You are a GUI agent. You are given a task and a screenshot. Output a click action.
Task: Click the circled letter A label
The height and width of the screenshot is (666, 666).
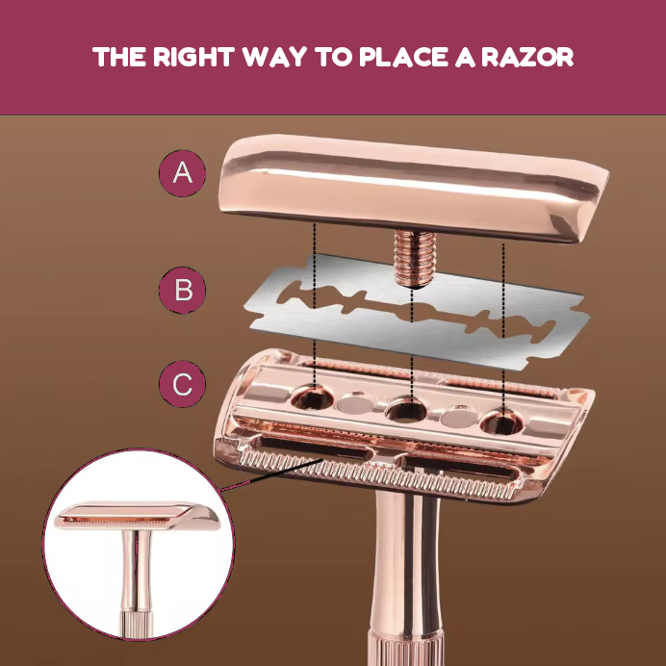(x=183, y=173)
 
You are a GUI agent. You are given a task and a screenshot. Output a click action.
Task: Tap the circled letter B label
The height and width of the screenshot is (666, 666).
(x=183, y=290)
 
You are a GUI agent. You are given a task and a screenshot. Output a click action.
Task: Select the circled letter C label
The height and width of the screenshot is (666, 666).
(x=183, y=384)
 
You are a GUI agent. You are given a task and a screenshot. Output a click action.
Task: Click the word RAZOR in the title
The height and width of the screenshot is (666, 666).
(x=527, y=57)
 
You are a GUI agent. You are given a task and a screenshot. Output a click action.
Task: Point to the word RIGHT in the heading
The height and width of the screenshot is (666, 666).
(x=193, y=57)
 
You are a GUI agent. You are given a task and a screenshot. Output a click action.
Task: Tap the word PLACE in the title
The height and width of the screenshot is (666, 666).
(x=404, y=57)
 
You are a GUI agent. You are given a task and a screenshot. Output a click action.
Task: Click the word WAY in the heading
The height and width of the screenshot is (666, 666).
(x=275, y=57)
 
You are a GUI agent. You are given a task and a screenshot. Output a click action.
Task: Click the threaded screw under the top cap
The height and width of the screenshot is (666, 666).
(x=415, y=258)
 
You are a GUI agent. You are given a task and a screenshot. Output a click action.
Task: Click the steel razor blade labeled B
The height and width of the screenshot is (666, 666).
(x=416, y=312)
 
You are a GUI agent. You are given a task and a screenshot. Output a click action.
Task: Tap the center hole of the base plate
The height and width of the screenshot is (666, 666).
(x=406, y=409)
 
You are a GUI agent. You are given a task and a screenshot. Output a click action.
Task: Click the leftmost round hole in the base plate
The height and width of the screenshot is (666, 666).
(x=312, y=397)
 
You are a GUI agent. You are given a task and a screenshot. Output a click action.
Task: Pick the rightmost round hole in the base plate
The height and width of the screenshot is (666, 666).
(x=501, y=423)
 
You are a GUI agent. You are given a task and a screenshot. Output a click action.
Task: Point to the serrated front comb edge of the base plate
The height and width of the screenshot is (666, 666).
(x=378, y=475)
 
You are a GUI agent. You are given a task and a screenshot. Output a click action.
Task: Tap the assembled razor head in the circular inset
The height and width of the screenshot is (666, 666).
(x=137, y=517)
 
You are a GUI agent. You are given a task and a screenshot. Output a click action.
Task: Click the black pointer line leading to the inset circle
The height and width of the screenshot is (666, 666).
(x=271, y=474)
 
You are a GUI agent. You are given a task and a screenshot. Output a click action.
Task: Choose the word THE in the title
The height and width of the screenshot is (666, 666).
(x=119, y=57)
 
